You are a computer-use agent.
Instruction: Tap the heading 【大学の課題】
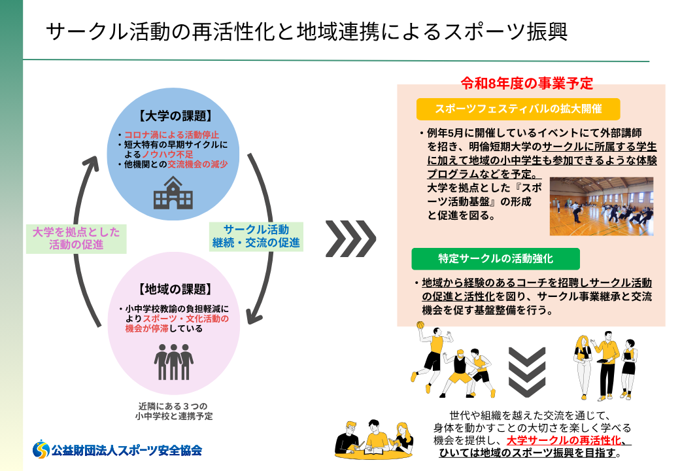pyautogui.click(x=175, y=118)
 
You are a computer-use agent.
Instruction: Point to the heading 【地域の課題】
pyautogui.click(x=175, y=289)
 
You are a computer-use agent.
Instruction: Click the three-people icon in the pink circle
pyautogui.click(x=175, y=360)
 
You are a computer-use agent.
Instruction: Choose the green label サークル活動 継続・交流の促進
pyautogui.click(x=256, y=236)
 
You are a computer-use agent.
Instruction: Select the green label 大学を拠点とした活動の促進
pyautogui.click(x=76, y=238)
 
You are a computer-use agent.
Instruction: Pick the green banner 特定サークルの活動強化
pyautogui.click(x=495, y=258)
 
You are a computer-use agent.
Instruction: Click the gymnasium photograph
pyautogui.click(x=601, y=206)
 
